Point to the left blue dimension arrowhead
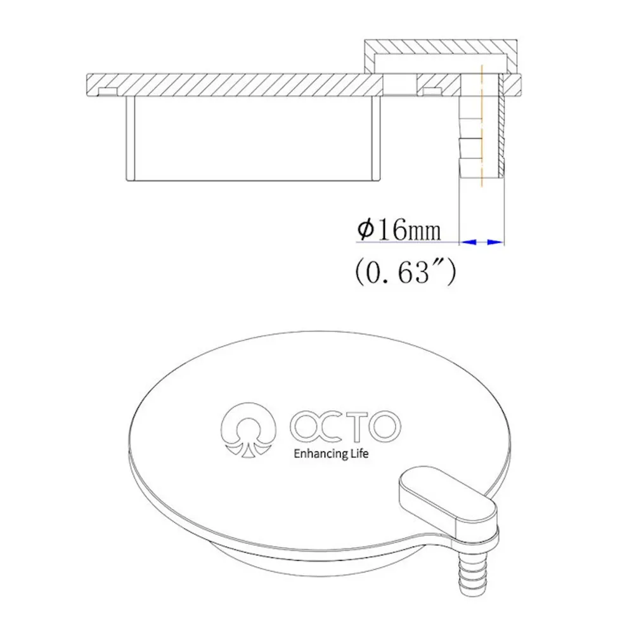point(469,242)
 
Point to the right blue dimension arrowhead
point(495,242)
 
